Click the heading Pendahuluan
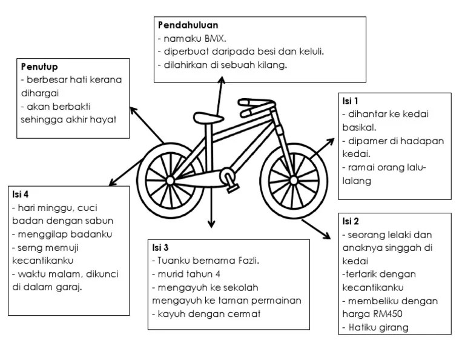pyautogui.click(x=187, y=25)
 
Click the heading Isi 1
pyautogui.click(x=351, y=101)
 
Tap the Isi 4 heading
pyautogui.click(x=20, y=194)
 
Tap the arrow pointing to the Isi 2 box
pyautogui.click(x=321, y=229)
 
